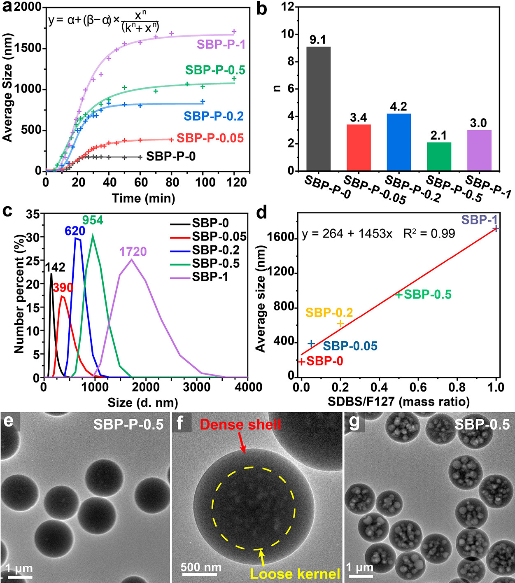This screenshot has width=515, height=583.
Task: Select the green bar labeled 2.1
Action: click(x=439, y=156)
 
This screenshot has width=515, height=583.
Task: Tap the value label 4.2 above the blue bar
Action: click(x=398, y=107)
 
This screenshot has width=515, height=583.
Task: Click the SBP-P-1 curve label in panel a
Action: click(x=221, y=44)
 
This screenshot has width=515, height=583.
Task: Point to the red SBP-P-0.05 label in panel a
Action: click(x=210, y=138)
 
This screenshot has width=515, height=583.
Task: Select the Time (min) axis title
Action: click(x=144, y=198)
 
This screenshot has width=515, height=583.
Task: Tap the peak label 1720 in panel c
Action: click(x=133, y=252)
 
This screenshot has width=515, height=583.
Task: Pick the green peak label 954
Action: click(x=93, y=220)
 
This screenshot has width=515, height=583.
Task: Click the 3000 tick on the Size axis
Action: click(x=196, y=387)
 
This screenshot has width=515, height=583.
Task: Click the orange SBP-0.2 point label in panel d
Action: click(x=329, y=313)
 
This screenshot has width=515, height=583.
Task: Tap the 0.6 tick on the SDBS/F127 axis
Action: click(x=418, y=387)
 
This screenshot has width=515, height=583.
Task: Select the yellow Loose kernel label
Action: click(x=295, y=574)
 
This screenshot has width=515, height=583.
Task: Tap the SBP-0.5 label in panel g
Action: click(x=482, y=424)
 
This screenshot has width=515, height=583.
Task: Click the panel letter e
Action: click(x=8, y=422)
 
